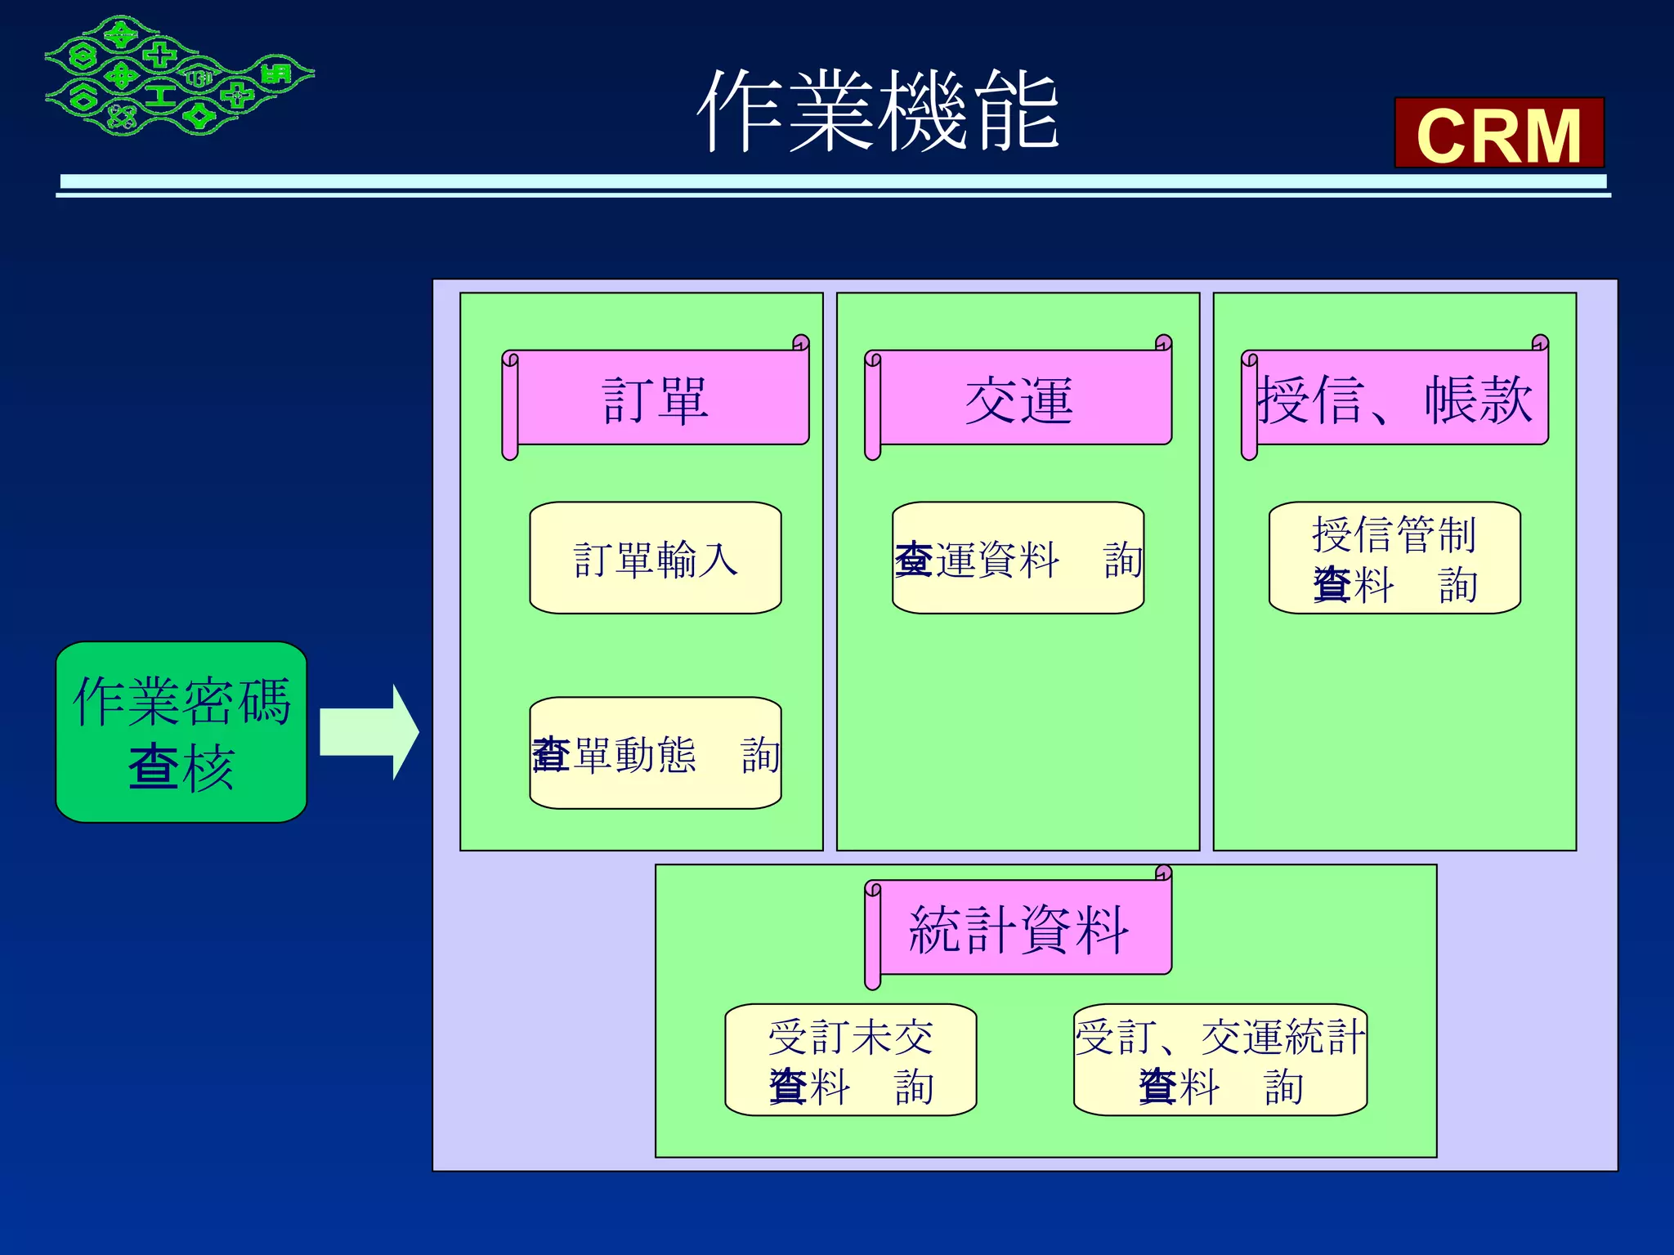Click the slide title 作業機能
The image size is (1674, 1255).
[x=878, y=110]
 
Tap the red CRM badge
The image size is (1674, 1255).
[x=1498, y=133]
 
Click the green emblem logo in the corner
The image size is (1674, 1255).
[x=178, y=76]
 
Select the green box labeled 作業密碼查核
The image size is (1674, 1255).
[x=181, y=731]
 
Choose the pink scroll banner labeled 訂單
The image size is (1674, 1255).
[x=656, y=399]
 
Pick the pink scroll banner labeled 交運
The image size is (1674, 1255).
[x=1018, y=399]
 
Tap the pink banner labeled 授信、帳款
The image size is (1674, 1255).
[x=1394, y=399]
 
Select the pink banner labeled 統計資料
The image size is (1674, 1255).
[x=1018, y=928]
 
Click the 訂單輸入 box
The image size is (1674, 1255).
[x=656, y=558]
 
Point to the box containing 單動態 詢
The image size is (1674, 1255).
[x=656, y=753]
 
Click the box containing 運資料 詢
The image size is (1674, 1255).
[x=1018, y=558]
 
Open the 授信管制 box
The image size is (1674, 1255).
[x=1394, y=558]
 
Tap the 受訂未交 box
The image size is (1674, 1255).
[x=851, y=1060]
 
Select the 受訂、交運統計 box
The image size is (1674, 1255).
[x=1220, y=1060]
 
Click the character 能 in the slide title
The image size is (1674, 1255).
[x=1017, y=110]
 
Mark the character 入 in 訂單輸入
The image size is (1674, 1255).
[x=717, y=560]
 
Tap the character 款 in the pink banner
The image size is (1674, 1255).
[x=1504, y=400]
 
